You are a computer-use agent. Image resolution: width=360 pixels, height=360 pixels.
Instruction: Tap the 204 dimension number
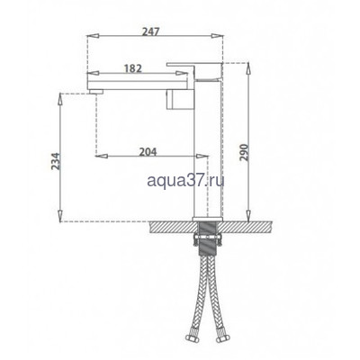(x=150, y=152)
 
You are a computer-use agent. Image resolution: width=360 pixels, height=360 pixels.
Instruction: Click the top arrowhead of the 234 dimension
(x=60, y=94)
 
